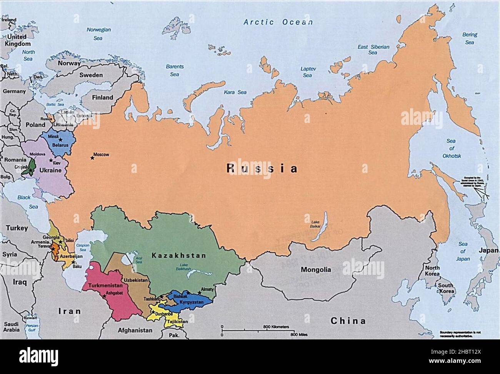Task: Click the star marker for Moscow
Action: (x=92, y=157)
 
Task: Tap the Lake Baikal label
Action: (x=315, y=225)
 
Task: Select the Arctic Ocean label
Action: (x=278, y=22)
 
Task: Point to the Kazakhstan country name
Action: (x=178, y=255)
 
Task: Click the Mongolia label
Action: (x=316, y=269)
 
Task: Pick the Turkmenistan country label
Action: (x=105, y=286)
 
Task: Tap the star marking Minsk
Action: (x=61, y=140)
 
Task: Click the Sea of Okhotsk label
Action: (x=451, y=148)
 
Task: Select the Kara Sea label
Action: (x=235, y=92)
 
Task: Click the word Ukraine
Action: (x=51, y=170)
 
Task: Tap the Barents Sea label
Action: (x=175, y=70)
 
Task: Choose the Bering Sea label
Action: (x=469, y=38)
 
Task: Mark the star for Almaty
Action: (x=199, y=293)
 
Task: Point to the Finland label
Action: (x=102, y=98)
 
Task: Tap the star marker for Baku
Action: (x=73, y=262)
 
